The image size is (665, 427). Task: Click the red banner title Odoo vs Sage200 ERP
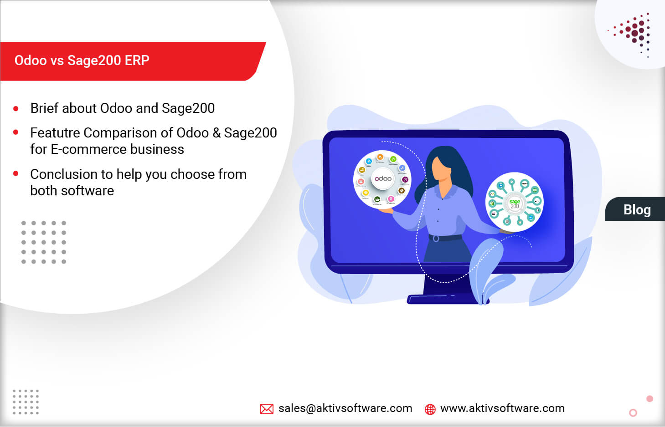point(82,61)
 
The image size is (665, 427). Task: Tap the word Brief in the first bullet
point(44,108)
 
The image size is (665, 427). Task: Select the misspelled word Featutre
point(55,133)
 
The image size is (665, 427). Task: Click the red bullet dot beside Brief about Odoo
point(16,109)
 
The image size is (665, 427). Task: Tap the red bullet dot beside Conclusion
point(16,173)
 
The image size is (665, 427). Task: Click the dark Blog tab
point(637,209)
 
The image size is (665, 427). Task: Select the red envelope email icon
point(267,409)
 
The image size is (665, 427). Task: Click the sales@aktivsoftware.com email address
point(345,408)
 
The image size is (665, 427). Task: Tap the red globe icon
point(430,409)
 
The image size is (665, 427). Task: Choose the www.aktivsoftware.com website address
point(502,408)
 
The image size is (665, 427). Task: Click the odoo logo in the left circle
point(383,179)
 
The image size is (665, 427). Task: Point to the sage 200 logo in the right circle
point(515,203)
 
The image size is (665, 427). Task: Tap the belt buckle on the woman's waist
point(436,239)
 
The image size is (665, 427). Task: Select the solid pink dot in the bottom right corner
point(650,399)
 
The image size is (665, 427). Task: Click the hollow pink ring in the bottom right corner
point(633,413)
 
